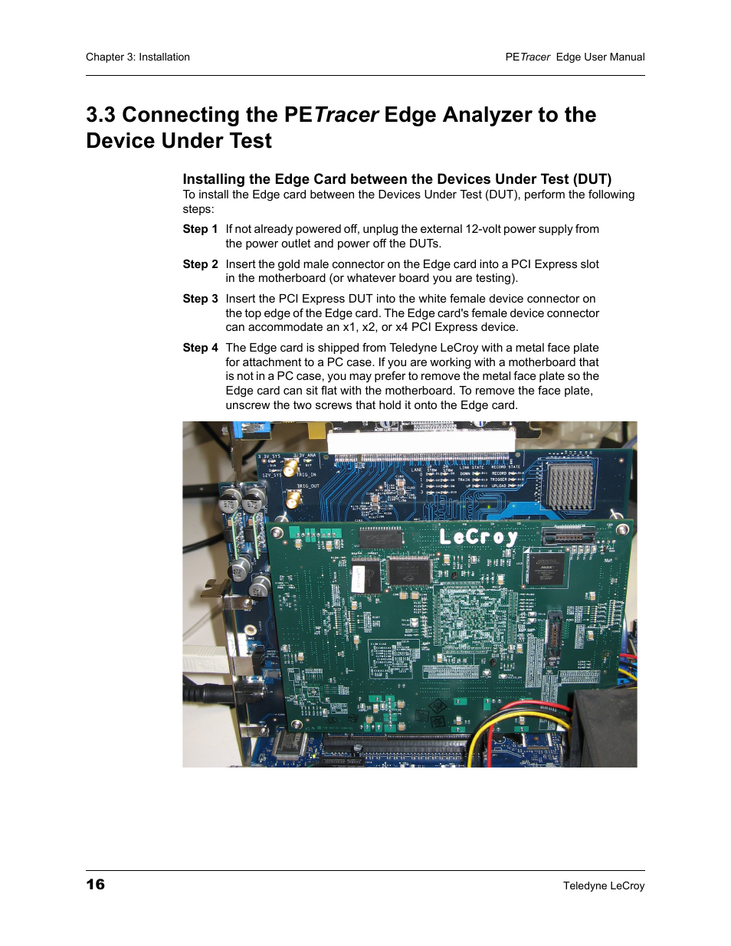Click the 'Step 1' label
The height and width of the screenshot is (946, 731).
click(200, 229)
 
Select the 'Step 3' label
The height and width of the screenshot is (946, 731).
click(200, 299)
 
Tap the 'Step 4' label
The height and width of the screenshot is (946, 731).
click(200, 348)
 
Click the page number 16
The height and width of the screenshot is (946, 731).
click(95, 884)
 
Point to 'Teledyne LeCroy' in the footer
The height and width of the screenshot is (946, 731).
click(603, 885)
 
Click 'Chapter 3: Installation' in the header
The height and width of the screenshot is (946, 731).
click(138, 57)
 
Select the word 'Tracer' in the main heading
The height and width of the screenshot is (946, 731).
click(346, 115)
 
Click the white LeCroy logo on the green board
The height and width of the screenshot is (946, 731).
click(478, 536)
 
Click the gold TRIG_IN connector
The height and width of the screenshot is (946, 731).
click(291, 467)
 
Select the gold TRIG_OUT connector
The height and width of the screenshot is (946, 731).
click(293, 499)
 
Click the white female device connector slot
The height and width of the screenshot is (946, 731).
click(421, 440)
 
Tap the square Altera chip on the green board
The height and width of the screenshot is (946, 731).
click(545, 569)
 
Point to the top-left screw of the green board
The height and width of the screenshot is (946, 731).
click(277, 532)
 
